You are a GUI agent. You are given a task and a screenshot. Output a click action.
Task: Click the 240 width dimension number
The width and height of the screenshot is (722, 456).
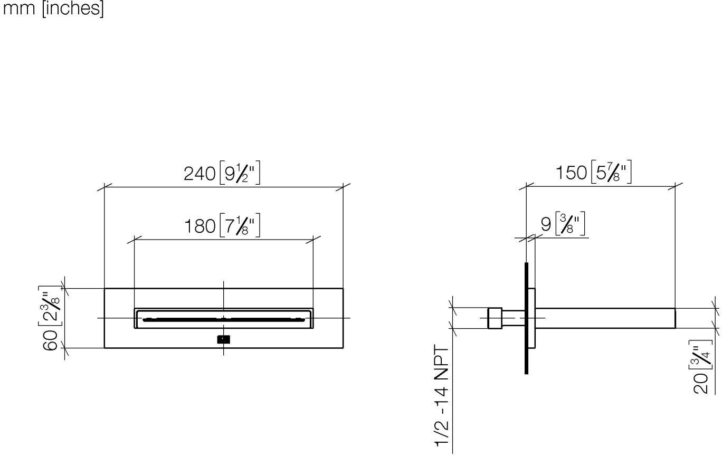tap(199, 174)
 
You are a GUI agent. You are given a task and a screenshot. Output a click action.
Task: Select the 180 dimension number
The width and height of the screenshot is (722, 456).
tap(200, 226)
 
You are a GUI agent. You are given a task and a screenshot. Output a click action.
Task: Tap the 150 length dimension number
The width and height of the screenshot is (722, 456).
tap(571, 173)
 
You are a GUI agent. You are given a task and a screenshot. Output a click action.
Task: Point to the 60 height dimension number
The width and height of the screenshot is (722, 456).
tap(51, 340)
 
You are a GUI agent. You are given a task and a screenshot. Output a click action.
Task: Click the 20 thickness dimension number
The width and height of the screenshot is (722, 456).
tap(701, 384)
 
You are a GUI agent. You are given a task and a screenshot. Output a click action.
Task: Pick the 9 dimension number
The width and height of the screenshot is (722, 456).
tap(546, 224)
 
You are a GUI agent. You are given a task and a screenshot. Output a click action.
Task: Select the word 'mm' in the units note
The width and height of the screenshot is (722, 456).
tap(18, 8)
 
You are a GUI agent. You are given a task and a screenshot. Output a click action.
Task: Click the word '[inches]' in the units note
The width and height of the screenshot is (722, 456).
tap(73, 8)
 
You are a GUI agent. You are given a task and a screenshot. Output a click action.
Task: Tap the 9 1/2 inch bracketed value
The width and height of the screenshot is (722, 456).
tap(240, 173)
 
